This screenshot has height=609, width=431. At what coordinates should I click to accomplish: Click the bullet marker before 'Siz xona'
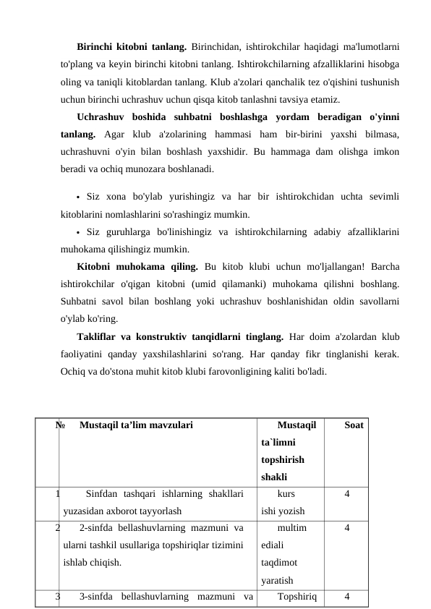[x=77, y=197]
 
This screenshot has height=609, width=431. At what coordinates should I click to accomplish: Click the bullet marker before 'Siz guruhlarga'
[x=77, y=233]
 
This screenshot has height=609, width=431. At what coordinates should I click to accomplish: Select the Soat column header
[x=354, y=426]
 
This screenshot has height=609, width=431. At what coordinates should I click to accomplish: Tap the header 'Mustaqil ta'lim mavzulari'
[x=136, y=426]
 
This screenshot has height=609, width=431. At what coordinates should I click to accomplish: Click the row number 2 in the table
[x=57, y=528]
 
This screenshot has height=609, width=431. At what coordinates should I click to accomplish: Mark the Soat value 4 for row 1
[x=347, y=495]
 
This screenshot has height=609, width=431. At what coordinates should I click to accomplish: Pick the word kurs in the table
[x=286, y=495]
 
